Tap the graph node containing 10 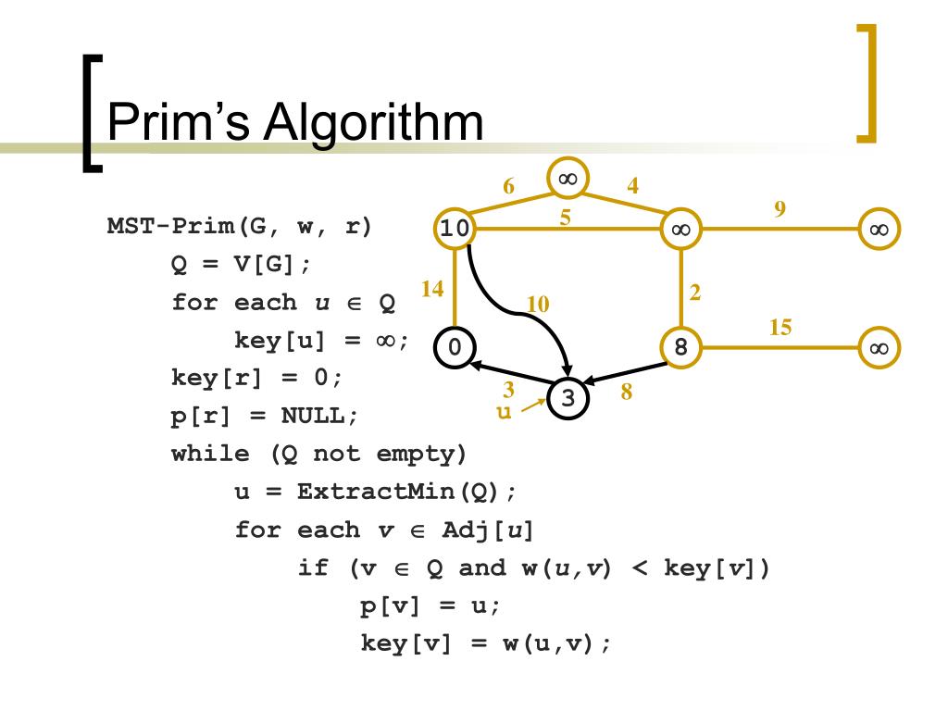tap(454, 228)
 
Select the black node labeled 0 tap(454, 347)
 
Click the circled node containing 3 tap(568, 398)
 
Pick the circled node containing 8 tap(680, 347)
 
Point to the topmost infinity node tap(568, 178)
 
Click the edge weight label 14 tap(431, 289)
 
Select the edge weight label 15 tap(781, 327)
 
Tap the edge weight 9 tap(780, 209)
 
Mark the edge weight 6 tap(508, 186)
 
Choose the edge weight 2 tap(695, 293)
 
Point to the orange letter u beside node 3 tap(505, 412)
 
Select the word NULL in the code tap(315, 416)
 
